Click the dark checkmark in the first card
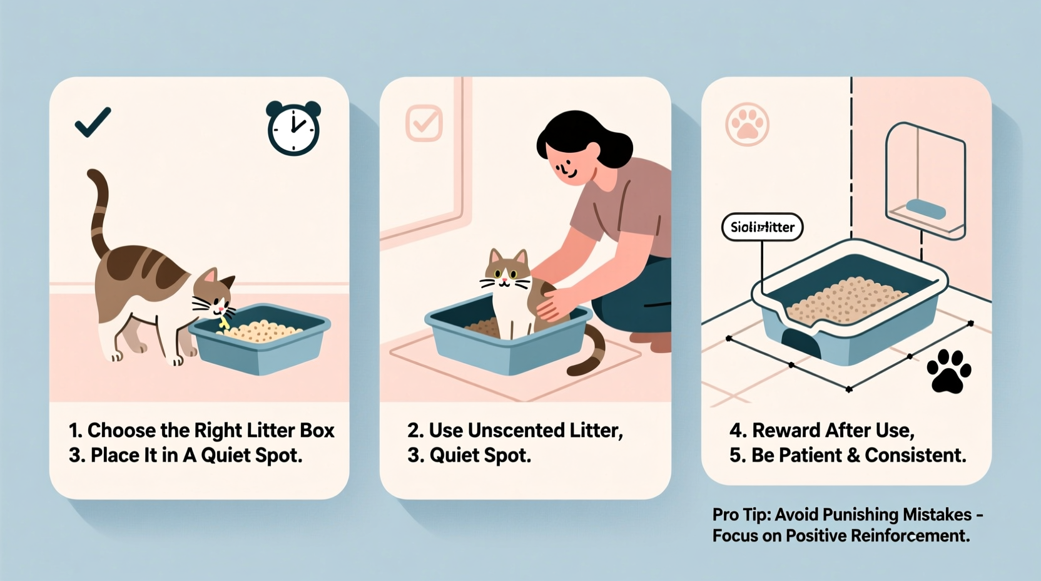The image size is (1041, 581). tap(93, 122)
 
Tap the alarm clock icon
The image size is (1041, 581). tap(293, 129)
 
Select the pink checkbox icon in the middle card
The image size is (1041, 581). tap(424, 123)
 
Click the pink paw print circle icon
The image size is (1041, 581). tap(747, 125)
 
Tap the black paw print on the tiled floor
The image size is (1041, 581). tap(948, 371)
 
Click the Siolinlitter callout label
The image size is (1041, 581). tap(762, 227)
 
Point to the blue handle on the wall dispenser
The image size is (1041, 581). tap(926, 208)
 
